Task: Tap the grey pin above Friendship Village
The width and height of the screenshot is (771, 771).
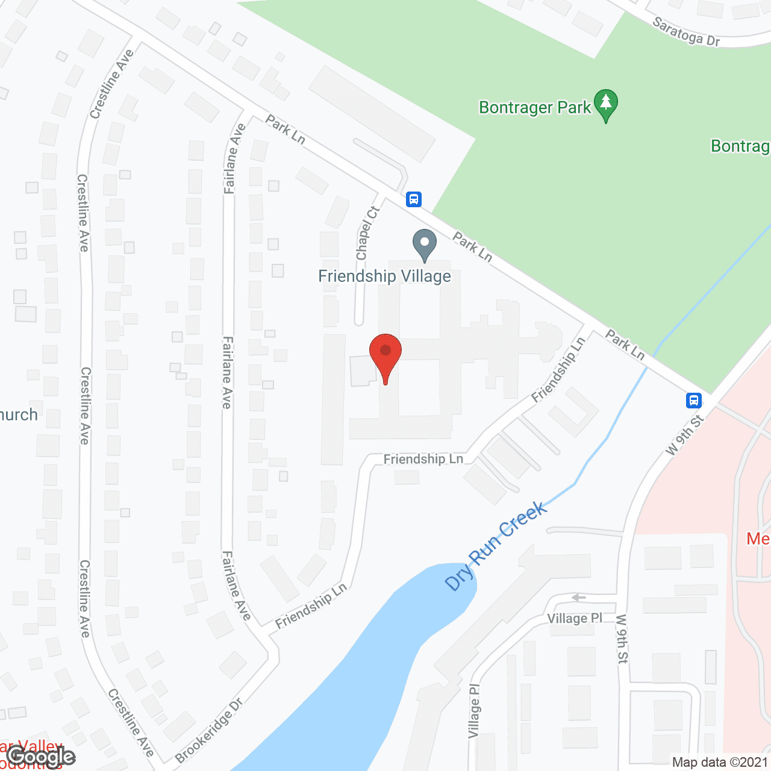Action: tap(425, 244)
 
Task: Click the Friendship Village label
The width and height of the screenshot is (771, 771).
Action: tap(384, 276)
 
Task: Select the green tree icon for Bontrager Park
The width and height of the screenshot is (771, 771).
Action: tap(606, 105)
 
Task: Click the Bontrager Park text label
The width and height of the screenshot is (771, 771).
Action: tap(535, 108)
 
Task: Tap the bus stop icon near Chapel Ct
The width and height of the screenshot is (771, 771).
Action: tap(413, 199)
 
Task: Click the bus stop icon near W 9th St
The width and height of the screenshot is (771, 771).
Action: tap(694, 400)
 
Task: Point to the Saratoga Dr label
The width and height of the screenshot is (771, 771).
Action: tap(687, 33)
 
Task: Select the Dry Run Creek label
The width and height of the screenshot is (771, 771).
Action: tap(496, 546)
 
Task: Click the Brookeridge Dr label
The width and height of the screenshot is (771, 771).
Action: tap(209, 730)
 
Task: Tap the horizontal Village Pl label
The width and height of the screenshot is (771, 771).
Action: tap(575, 619)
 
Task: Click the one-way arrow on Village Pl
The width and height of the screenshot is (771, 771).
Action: tap(579, 598)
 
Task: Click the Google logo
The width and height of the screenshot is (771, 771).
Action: tap(41, 757)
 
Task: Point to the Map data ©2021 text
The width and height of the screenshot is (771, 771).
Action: tap(720, 763)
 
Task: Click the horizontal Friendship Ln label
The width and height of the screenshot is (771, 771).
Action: tap(423, 459)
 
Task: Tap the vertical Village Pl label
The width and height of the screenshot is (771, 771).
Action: tap(475, 711)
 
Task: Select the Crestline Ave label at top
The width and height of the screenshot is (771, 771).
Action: tap(111, 84)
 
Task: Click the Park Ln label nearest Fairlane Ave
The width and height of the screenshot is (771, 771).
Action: tap(285, 130)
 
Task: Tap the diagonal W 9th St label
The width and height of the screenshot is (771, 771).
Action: tap(685, 435)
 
